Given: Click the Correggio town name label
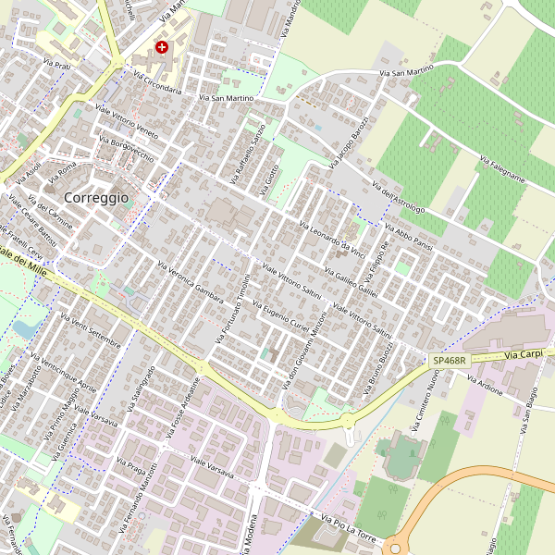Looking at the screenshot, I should (96, 197).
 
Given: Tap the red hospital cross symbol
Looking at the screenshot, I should (163, 47).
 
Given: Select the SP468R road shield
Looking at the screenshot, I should (448, 360).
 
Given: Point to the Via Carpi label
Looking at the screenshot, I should (524, 354).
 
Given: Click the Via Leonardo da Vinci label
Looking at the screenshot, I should (334, 239).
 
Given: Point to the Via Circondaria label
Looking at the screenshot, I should (157, 82).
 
